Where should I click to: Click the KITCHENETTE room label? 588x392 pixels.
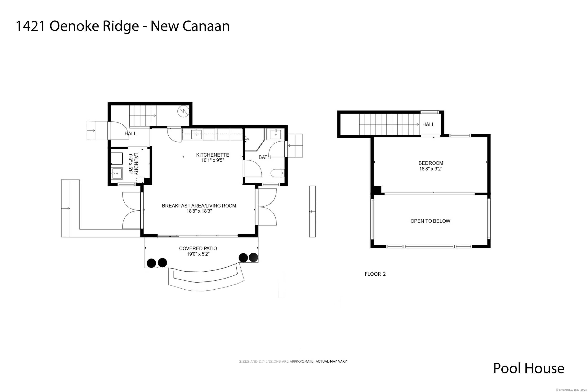[212, 155]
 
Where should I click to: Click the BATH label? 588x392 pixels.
[264, 157]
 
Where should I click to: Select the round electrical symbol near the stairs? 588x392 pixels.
[183, 111]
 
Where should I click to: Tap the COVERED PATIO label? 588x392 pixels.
[198, 248]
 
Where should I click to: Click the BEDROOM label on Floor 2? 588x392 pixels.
[430, 163]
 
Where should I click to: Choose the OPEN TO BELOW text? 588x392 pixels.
[430, 221]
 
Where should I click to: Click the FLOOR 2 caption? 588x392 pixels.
[375, 274]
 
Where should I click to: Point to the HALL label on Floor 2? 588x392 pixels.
[428, 124]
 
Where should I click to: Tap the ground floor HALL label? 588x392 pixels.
[130, 133]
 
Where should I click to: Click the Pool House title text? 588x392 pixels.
[528, 368]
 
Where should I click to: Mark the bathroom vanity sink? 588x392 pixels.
[275, 134]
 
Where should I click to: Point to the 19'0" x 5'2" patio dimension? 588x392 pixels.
[198, 254]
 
